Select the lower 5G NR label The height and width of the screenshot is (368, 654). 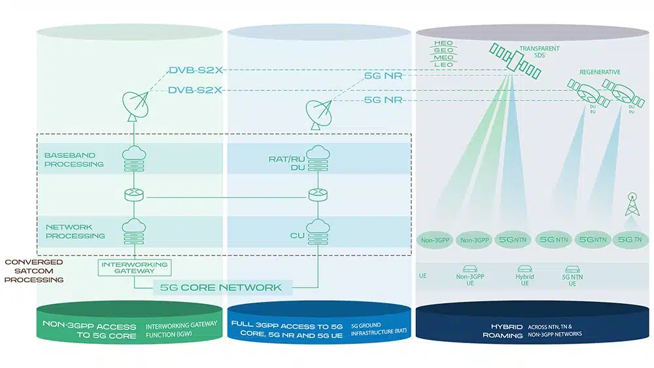pos(382,99)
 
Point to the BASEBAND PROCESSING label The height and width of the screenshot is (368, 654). pos(74,159)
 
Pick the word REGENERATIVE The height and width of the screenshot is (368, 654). pos(600,71)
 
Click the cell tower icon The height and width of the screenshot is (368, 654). pos(632,205)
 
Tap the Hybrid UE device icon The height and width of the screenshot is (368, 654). pos(525,268)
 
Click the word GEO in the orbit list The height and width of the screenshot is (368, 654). pos(443,50)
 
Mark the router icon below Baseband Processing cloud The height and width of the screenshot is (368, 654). pos(133,195)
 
